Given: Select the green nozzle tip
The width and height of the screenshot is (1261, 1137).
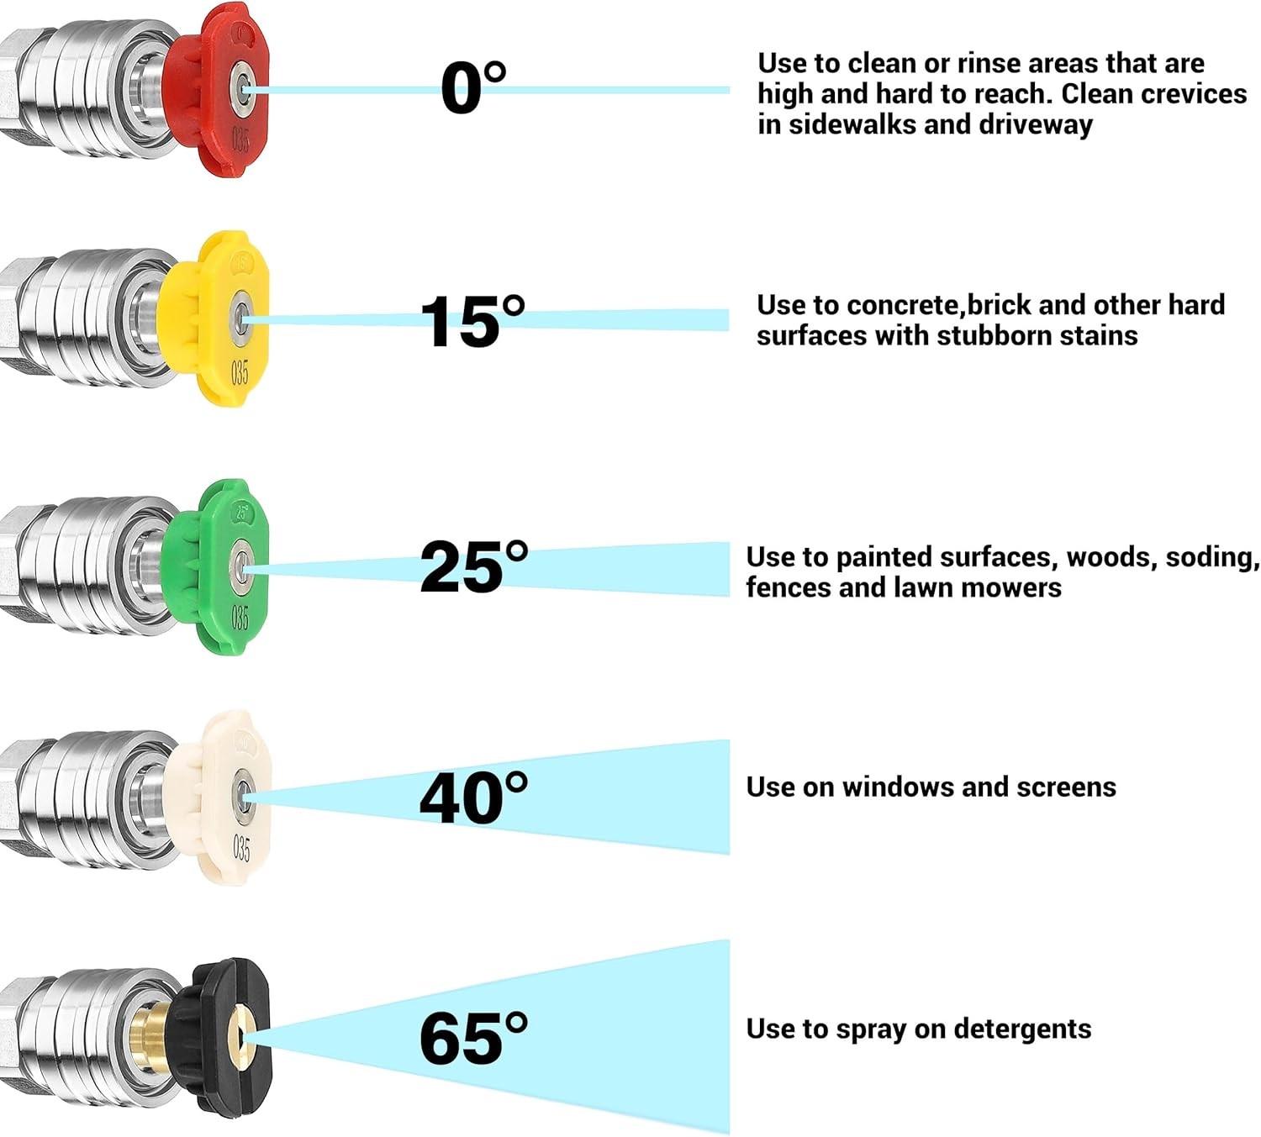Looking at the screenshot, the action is pyautogui.click(x=215, y=567).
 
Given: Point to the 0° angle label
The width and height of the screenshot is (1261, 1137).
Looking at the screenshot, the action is pyautogui.click(x=473, y=88).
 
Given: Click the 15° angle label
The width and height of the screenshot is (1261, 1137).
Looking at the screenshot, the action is pyautogui.click(x=472, y=321).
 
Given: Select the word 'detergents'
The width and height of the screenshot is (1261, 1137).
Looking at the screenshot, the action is pyautogui.click(x=1022, y=1029).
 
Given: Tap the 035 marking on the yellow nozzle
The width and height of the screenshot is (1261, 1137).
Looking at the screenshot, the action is pyautogui.click(x=240, y=372).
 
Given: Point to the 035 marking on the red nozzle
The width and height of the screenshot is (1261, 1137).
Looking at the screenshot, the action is pyautogui.click(x=240, y=139).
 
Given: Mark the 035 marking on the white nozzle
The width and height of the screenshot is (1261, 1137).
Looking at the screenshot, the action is pyautogui.click(x=241, y=849).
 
